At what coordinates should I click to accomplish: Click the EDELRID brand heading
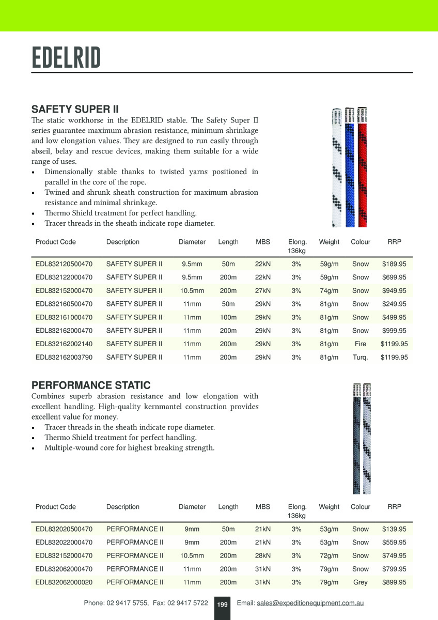coord(66,58)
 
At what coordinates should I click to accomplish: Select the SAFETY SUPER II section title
coord(75,110)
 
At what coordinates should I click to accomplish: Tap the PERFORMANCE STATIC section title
coord(91,385)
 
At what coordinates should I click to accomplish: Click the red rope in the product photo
coord(362,171)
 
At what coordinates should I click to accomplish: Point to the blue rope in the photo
coord(350,171)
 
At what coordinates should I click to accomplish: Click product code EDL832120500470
coord(64,264)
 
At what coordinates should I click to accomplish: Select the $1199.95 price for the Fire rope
coord(394,344)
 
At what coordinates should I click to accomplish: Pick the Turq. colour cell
coord(360,357)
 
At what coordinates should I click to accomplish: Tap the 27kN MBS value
coord(263,291)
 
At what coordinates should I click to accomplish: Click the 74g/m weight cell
coord(329,291)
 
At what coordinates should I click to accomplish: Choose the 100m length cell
coord(228,317)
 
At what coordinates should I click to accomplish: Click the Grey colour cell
coord(360,582)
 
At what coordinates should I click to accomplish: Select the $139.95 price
coord(394,529)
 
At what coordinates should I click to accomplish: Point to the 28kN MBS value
coord(263,556)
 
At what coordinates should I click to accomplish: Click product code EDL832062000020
coord(64,582)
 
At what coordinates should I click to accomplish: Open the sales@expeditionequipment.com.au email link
coord(310,603)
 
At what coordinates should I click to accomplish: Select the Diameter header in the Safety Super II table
coord(192,242)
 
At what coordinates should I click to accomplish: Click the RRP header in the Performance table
coord(394,507)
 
